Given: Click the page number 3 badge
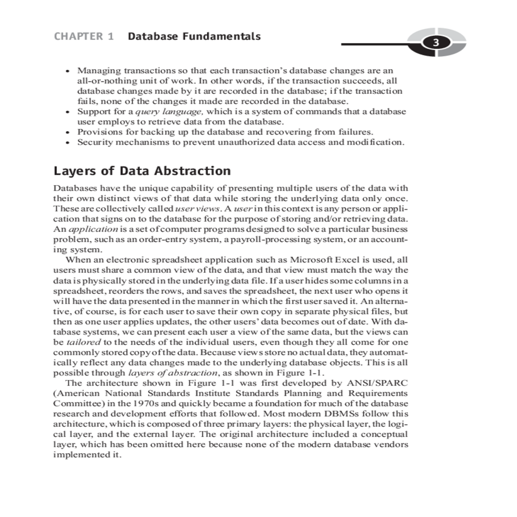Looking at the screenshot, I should [x=436, y=43].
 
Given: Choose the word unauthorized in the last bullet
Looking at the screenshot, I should [x=242, y=142].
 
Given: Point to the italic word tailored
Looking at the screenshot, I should [x=83, y=343].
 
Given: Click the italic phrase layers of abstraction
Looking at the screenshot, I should [x=173, y=373].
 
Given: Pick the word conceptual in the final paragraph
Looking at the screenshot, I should [x=384, y=434].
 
